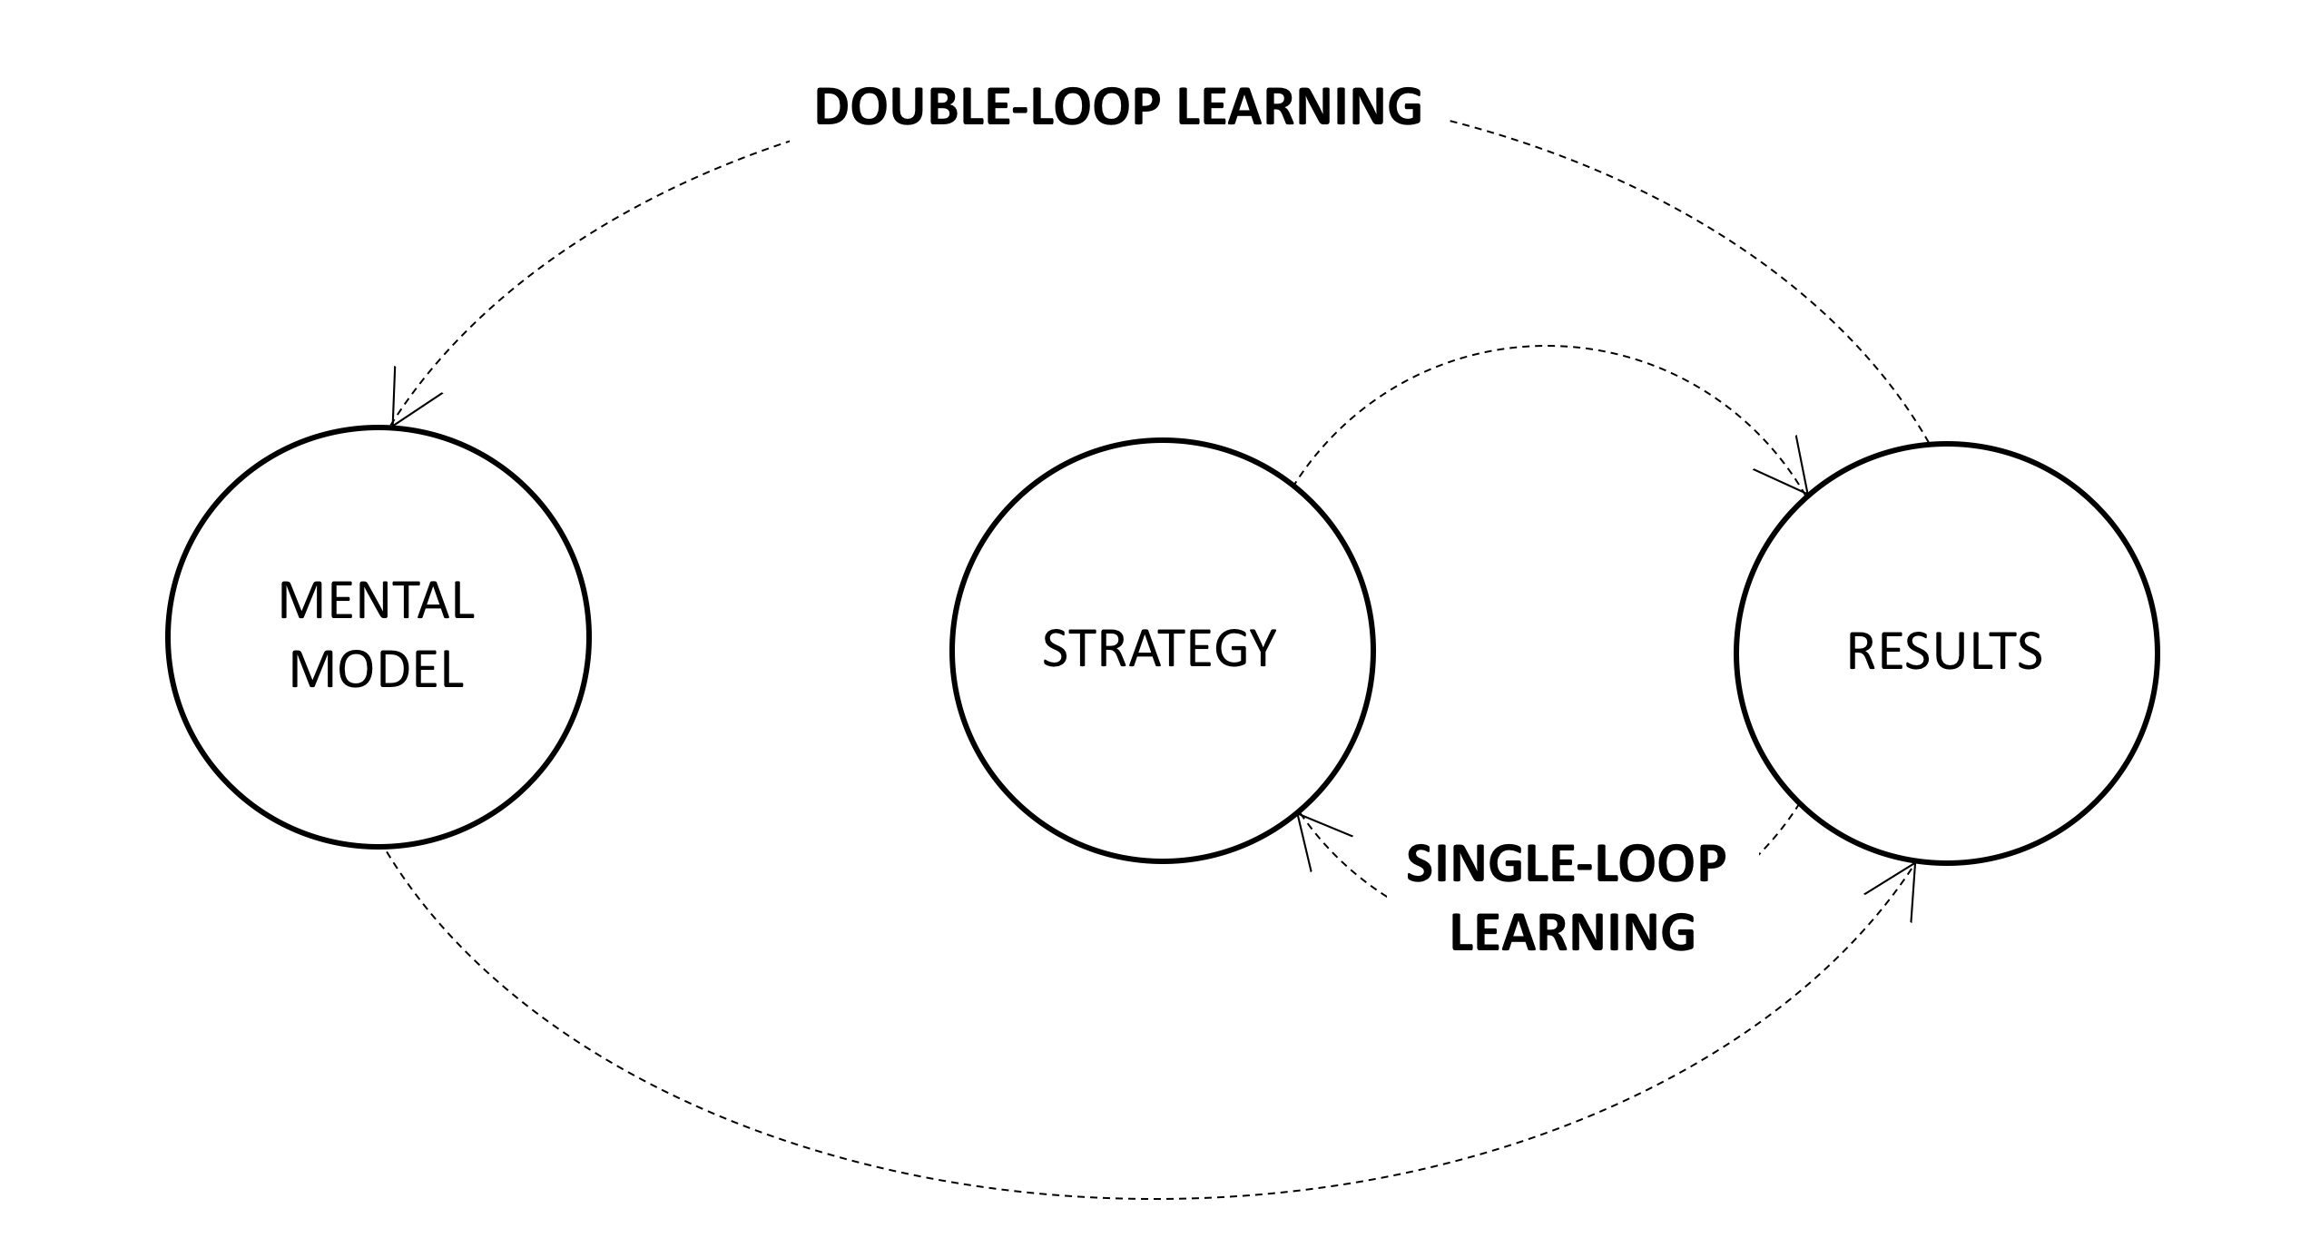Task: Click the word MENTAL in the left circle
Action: click(x=376, y=601)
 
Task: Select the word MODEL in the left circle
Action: click(x=376, y=670)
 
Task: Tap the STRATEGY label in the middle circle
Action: click(x=1159, y=648)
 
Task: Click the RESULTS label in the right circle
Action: click(x=1944, y=652)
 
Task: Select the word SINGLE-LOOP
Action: click(x=1566, y=863)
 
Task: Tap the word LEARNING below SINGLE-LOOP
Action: click(x=1572, y=932)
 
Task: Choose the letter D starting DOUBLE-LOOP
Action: click(x=833, y=107)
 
